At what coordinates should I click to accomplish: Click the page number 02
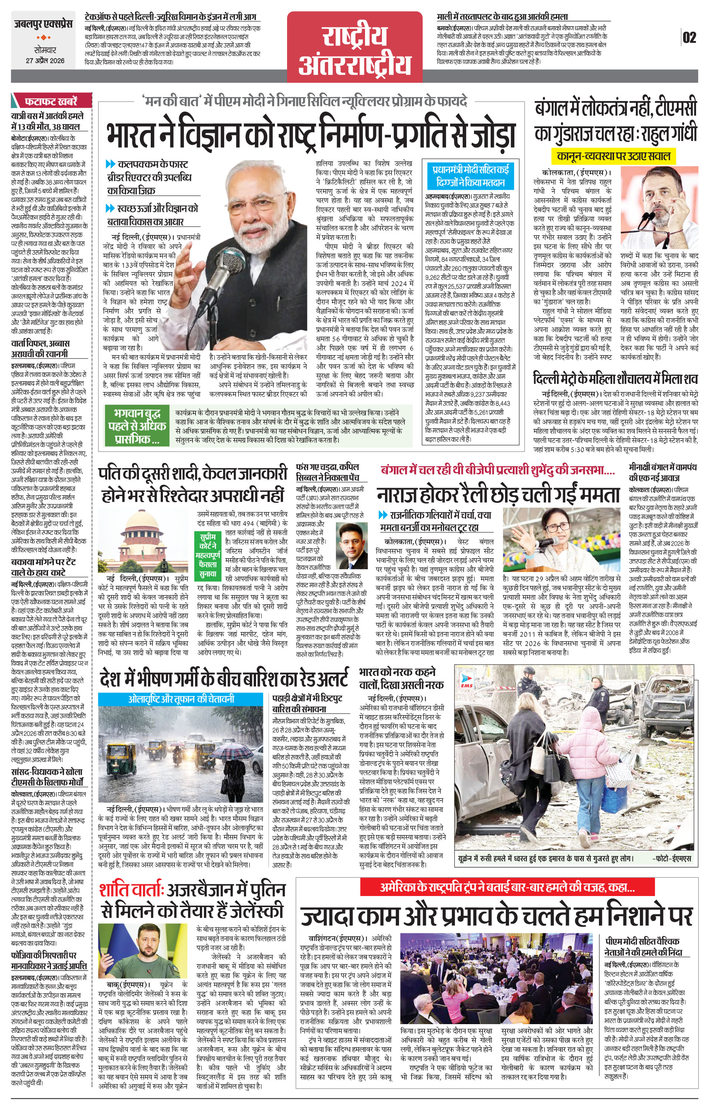pos(689,37)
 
